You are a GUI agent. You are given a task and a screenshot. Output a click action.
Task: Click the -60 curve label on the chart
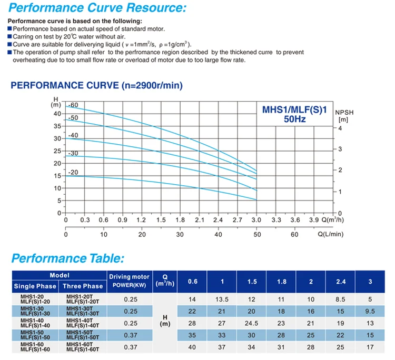coord(73,105)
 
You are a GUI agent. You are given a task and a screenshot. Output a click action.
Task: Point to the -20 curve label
coord(73,172)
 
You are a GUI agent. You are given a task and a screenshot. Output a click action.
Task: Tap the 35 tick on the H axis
coord(57,126)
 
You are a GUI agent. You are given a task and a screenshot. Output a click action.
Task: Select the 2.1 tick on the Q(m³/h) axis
coord(200,220)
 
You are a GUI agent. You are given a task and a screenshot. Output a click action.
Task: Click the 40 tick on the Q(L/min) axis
coord(218,235)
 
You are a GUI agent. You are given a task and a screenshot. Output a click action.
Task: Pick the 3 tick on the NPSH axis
coord(340,149)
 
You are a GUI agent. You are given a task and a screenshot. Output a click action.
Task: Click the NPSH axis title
coord(344,116)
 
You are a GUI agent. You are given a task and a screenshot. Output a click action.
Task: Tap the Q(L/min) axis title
coord(331,234)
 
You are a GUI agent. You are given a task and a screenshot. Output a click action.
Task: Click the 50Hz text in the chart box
coord(295,119)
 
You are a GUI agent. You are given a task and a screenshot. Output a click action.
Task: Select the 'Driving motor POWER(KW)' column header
coord(129,281)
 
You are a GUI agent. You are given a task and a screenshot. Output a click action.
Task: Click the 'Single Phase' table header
coord(35,286)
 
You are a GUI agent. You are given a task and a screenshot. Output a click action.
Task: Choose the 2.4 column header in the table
coord(341,282)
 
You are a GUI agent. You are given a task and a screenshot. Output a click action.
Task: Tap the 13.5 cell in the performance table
coord(222,299)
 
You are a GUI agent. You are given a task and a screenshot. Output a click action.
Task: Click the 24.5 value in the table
coord(251,323)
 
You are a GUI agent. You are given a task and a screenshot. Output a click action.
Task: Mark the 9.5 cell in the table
coord(370,312)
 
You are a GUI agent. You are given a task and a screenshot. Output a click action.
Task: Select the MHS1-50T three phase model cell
coord(83,335)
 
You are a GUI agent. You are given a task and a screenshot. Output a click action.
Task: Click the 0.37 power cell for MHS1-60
coord(131,347)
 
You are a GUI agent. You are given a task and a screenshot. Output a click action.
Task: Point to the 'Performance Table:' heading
coord(68,258)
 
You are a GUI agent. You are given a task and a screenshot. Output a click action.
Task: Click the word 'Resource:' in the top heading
coord(156,7)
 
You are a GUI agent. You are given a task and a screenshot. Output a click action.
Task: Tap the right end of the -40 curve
coord(256,179)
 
